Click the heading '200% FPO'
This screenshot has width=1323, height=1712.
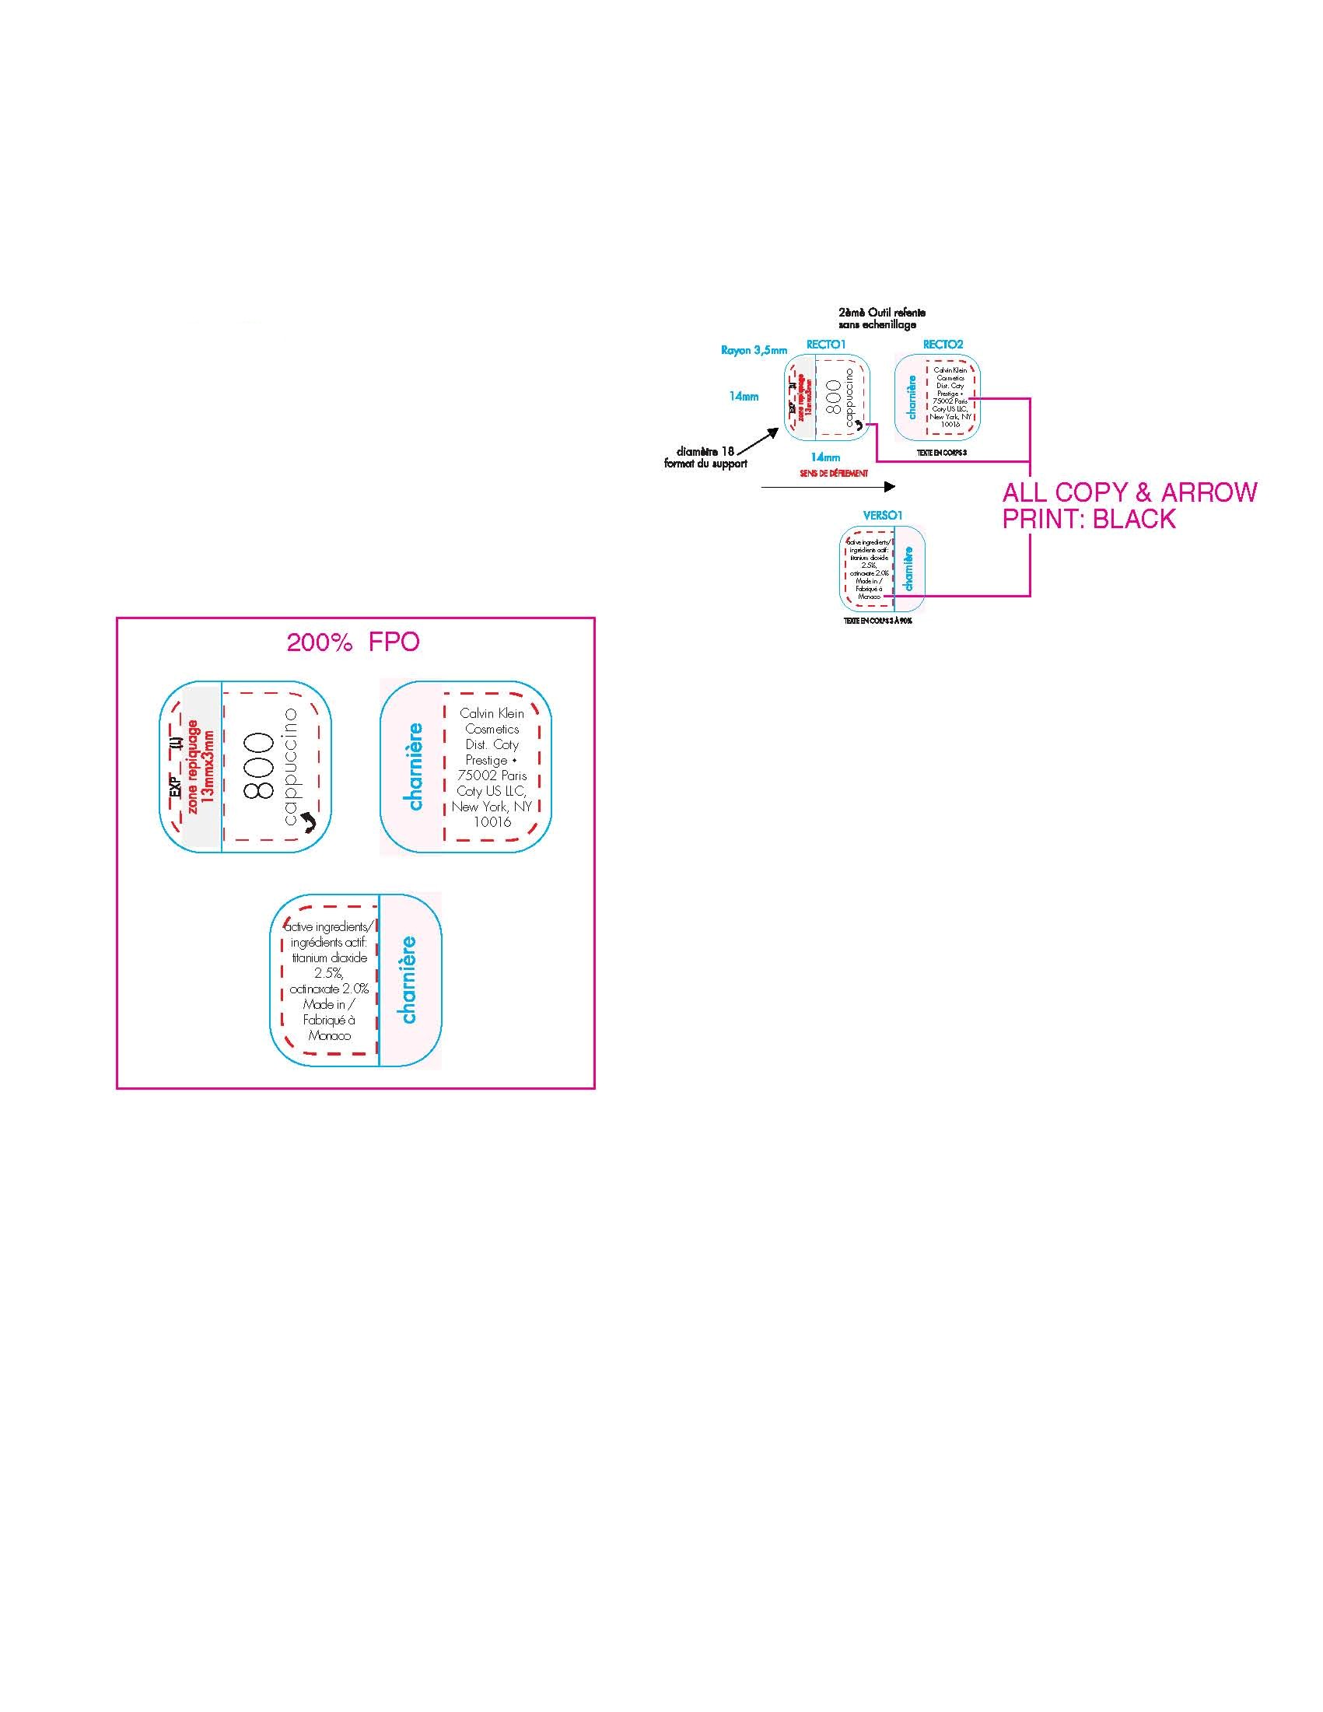(352, 642)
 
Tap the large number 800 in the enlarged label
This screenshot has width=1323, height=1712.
(260, 767)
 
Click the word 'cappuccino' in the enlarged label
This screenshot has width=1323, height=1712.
(292, 765)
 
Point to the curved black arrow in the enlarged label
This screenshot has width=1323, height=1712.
(306, 821)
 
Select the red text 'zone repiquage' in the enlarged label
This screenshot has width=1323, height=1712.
(194, 765)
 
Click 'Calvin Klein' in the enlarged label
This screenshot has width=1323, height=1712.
(492, 713)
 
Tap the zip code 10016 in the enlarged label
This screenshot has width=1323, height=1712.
(492, 821)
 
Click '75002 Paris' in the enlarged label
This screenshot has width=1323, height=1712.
(492, 775)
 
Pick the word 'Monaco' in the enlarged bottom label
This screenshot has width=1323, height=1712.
(329, 1035)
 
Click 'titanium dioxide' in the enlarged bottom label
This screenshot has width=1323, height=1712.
(329, 958)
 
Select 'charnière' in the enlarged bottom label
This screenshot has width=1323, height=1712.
(408, 980)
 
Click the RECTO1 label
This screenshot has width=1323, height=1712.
(826, 344)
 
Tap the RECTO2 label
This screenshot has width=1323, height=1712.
(943, 344)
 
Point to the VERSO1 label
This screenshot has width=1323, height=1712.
(883, 516)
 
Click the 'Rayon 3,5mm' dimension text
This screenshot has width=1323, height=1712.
(754, 350)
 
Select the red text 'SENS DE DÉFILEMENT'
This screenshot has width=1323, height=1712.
(834, 474)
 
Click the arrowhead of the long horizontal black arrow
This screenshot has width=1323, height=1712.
(891, 487)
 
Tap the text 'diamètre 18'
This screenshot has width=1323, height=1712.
(705, 451)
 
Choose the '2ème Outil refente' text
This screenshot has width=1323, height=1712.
(882, 313)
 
